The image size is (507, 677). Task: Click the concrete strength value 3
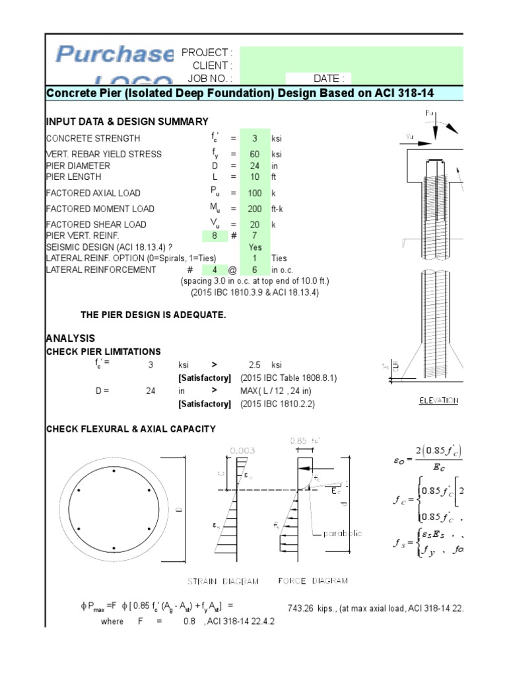(x=255, y=138)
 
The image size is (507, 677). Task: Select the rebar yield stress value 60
(x=255, y=154)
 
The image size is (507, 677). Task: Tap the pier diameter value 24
(x=255, y=166)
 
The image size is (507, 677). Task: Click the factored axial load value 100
(x=255, y=192)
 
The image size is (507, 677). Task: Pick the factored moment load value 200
(x=255, y=208)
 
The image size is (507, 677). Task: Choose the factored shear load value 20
(x=255, y=224)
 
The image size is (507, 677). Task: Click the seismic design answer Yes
(x=255, y=247)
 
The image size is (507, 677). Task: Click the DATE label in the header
(x=328, y=78)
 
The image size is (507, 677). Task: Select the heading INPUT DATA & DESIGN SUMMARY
(x=127, y=122)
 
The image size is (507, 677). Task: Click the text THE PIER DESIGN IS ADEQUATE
(x=153, y=315)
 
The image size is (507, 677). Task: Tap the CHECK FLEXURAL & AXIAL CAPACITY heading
(x=131, y=429)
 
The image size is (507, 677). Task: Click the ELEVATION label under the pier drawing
(x=439, y=401)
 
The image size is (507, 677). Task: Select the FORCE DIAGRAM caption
(x=314, y=580)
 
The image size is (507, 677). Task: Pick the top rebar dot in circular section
(x=115, y=471)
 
